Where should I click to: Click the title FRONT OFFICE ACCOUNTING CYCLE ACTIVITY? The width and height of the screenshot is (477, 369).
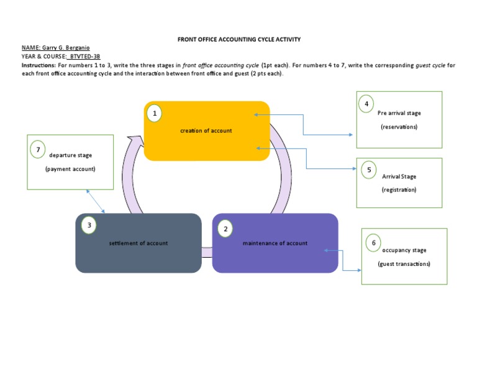click(x=239, y=39)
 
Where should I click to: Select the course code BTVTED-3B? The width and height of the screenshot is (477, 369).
click(x=84, y=56)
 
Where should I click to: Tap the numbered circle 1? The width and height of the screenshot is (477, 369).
click(x=154, y=113)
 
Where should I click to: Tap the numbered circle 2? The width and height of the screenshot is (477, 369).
click(x=225, y=229)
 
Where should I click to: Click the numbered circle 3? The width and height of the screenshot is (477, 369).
click(x=89, y=225)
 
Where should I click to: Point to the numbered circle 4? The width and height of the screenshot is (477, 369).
click(x=367, y=103)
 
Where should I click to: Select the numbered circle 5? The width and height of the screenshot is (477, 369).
click(x=369, y=169)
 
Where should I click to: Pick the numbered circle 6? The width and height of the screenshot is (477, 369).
click(x=374, y=242)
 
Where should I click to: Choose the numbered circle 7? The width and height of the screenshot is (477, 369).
click(x=38, y=149)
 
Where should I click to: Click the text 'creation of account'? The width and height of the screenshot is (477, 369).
click(x=206, y=130)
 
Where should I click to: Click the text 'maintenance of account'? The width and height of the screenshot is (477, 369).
click(x=275, y=243)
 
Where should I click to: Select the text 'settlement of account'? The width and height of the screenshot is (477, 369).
click(x=138, y=243)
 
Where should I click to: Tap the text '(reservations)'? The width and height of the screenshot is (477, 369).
click(x=399, y=127)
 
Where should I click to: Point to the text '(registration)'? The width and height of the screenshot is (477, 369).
click(x=399, y=189)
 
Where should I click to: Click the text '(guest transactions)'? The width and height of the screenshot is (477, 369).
click(x=404, y=264)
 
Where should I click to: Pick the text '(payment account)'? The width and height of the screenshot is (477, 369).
click(x=70, y=169)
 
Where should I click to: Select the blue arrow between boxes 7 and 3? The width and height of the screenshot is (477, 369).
click(x=96, y=201)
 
